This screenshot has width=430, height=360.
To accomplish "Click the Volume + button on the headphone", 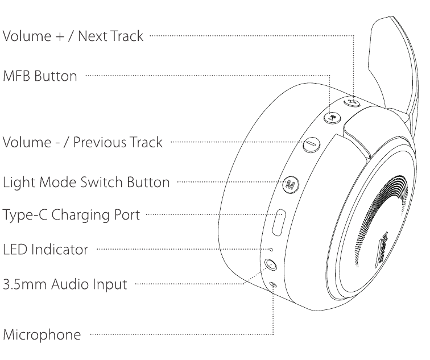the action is coord(352,102).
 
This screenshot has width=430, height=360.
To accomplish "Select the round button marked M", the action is coord(291,184).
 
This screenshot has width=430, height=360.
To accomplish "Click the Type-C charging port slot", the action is coord(279,222).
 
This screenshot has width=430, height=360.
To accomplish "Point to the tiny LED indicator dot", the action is coord(271,250).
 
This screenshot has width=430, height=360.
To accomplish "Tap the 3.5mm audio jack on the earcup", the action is coord(271,264).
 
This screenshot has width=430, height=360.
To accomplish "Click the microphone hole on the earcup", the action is coord(273,284).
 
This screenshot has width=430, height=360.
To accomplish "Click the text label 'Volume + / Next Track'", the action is coord(73,36).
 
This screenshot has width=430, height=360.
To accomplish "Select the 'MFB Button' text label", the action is coord(40,76).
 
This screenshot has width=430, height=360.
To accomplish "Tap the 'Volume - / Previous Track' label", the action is coord(82,142).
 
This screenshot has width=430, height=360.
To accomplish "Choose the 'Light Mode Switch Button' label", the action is coord(86,183).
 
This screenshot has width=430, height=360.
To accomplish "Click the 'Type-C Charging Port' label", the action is coord(71,215).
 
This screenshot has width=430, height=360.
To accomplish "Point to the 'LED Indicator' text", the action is coord(46,250).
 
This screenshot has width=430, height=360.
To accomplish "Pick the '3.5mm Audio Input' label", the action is coord(65,284).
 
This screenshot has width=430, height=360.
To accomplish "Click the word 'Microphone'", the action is coord(42,335).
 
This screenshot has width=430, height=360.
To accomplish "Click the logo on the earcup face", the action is coord(382,250).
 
